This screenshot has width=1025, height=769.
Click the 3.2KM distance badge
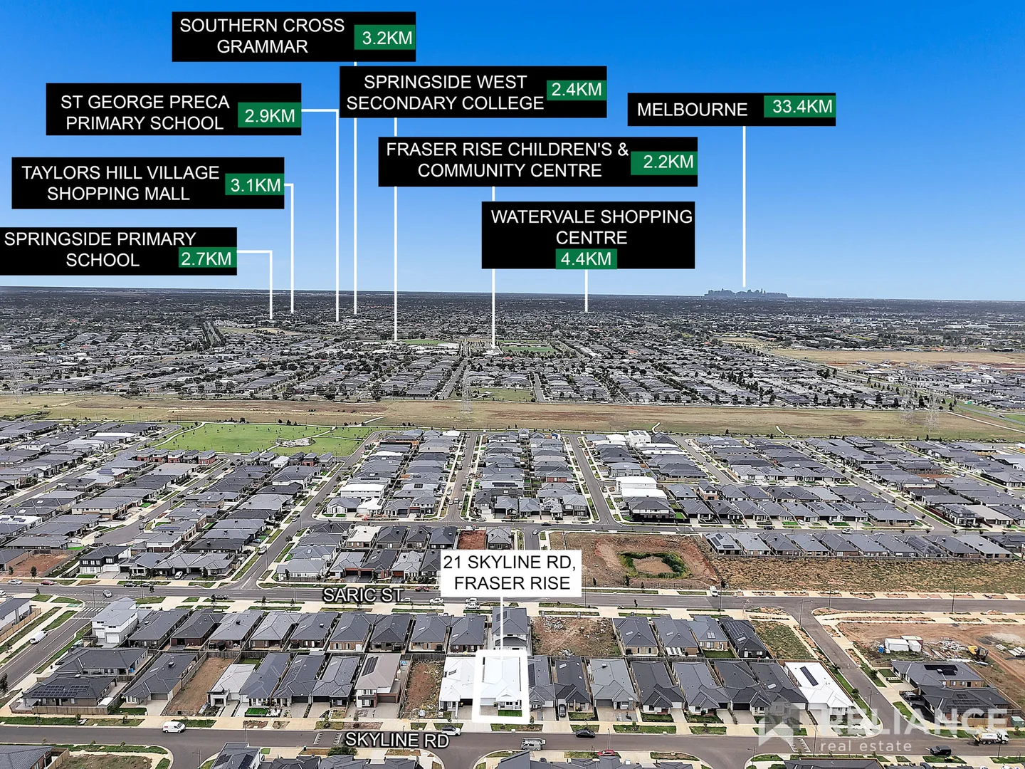pyautogui.click(x=385, y=37)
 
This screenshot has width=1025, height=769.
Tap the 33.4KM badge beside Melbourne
pyautogui.click(x=799, y=106)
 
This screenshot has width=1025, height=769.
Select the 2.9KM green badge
pyautogui.click(x=270, y=115)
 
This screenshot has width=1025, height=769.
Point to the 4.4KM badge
pyautogui.click(x=586, y=258)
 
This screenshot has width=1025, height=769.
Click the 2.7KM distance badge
pyautogui.click(x=207, y=258)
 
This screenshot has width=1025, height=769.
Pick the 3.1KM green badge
pyautogui.click(x=255, y=184)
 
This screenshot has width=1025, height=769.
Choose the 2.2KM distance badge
pyautogui.click(x=664, y=162)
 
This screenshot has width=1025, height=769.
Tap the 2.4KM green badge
pyautogui.click(x=577, y=89)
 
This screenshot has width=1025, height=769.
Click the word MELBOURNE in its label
pyautogui.click(x=692, y=110)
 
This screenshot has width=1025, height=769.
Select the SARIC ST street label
pyautogui.click(x=363, y=595)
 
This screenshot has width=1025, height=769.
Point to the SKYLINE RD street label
pyautogui.click(x=397, y=740)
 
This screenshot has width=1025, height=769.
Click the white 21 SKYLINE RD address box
pyautogui.click(x=510, y=573)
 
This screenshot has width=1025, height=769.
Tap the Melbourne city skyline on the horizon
pyautogui.click(x=746, y=293)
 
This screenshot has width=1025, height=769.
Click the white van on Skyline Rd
pyautogui.click(x=174, y=726)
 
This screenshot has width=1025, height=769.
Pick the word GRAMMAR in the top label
pyautogui.click(x=262, y=47)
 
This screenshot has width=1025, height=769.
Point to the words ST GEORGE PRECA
pyautogui.click(x=144, y=102)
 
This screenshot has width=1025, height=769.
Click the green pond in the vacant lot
pyautogui.click(x=653, y=564)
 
